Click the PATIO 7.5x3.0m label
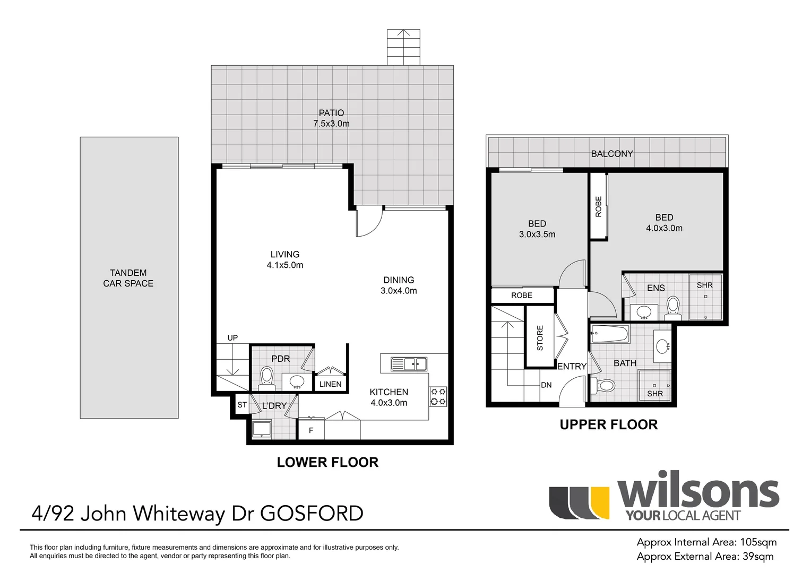[x=331, y=118]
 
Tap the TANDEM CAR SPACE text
[x=128, y=278]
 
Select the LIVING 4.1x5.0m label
[x=285, y=259]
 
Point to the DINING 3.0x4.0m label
[x=399, y=285]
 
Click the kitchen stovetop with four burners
[x=438, y=396]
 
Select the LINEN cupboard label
[x=330, y=384]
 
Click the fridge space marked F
[x=311, y=430]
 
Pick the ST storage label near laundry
[x=242, y=405]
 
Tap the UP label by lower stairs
[x=232, y=337]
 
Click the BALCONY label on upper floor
[x=612, y=153]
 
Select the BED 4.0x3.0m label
[x=664, y=223]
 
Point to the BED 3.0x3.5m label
[x=537, y=229]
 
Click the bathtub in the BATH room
[x=610, y=335]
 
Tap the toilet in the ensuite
[x=673, y=307]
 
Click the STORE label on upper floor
[x=540, y=338]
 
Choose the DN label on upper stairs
[x=546, y=385]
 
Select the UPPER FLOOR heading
[x=609, y=424]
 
